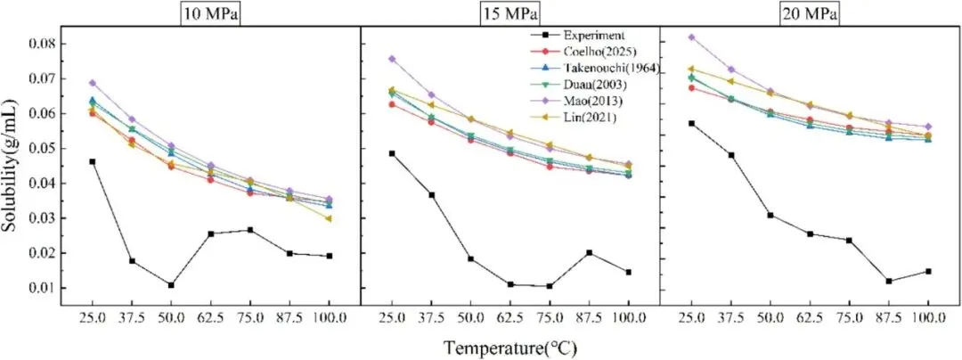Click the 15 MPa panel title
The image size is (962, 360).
(x=510, y=14)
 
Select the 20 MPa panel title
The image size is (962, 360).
(x=810, y=14)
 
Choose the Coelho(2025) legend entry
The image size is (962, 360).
(x=596, y=52)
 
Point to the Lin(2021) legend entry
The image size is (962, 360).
(x=587, y=119)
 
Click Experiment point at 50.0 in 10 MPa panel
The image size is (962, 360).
(x=170, y=285)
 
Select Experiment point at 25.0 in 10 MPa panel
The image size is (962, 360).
(x=92, y=161)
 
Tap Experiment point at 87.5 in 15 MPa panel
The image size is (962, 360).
(x=589, y=252)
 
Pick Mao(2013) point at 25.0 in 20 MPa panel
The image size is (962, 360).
(x=691, y=37)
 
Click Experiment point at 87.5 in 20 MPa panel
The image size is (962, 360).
(x=889, y=281)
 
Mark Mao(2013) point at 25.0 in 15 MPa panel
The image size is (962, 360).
(x=391, y=59)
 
